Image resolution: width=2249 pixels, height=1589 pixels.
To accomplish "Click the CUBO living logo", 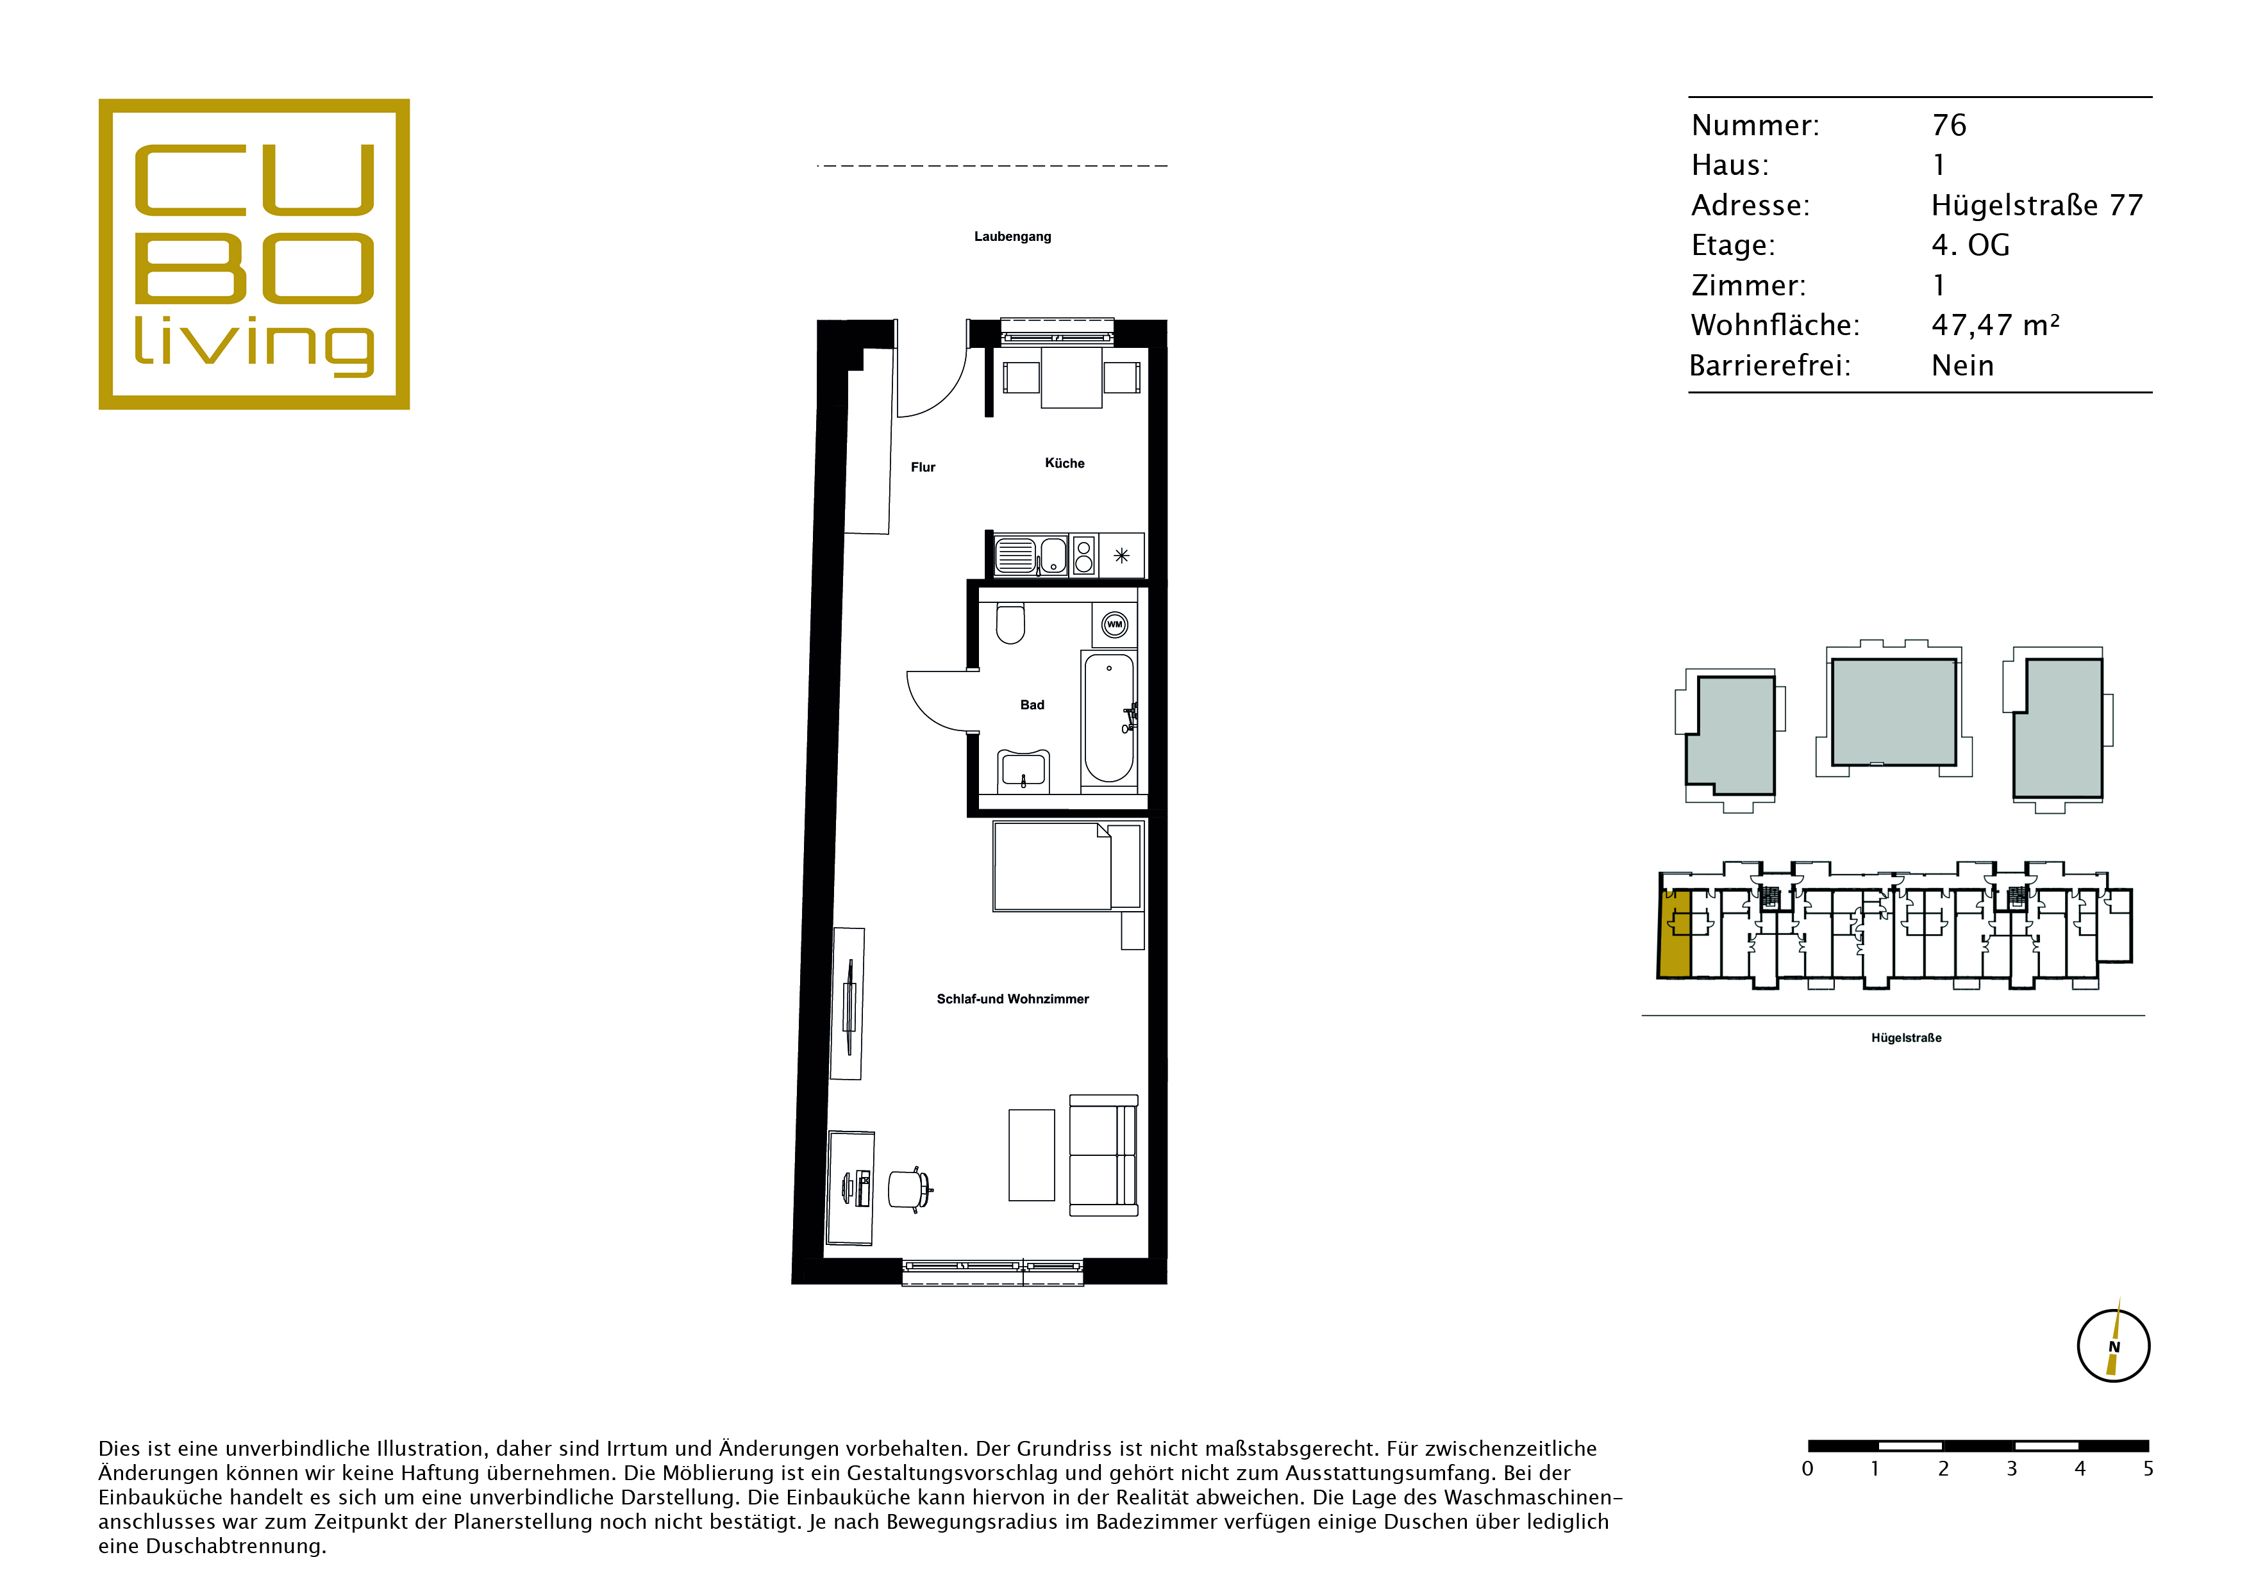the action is [254, 254].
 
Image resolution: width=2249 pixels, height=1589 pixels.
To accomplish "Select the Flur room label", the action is [923, 467].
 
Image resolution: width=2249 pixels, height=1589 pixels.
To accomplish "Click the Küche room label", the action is [1065, 463].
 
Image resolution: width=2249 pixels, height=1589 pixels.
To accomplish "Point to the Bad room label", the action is [1032, 705].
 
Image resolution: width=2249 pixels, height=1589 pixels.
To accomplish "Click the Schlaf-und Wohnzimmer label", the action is [1013, 999].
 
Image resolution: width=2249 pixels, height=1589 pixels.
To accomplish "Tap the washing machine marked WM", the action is [1115, 625].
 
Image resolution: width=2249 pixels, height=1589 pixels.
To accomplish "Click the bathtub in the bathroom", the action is [1109, 719].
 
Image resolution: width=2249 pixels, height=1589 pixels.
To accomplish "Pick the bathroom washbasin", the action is [1024, 771].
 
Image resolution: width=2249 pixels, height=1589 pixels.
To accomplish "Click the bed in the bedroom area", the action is [1067, 866].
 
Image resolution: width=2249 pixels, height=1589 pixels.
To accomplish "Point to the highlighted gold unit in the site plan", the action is [1674, 935].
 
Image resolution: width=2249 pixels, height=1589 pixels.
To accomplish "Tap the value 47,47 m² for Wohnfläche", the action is [1995, 325].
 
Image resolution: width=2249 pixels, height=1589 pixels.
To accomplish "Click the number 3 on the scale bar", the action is [2012, 1469].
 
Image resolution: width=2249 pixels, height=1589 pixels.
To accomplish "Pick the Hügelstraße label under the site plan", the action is [1906, 1038].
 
